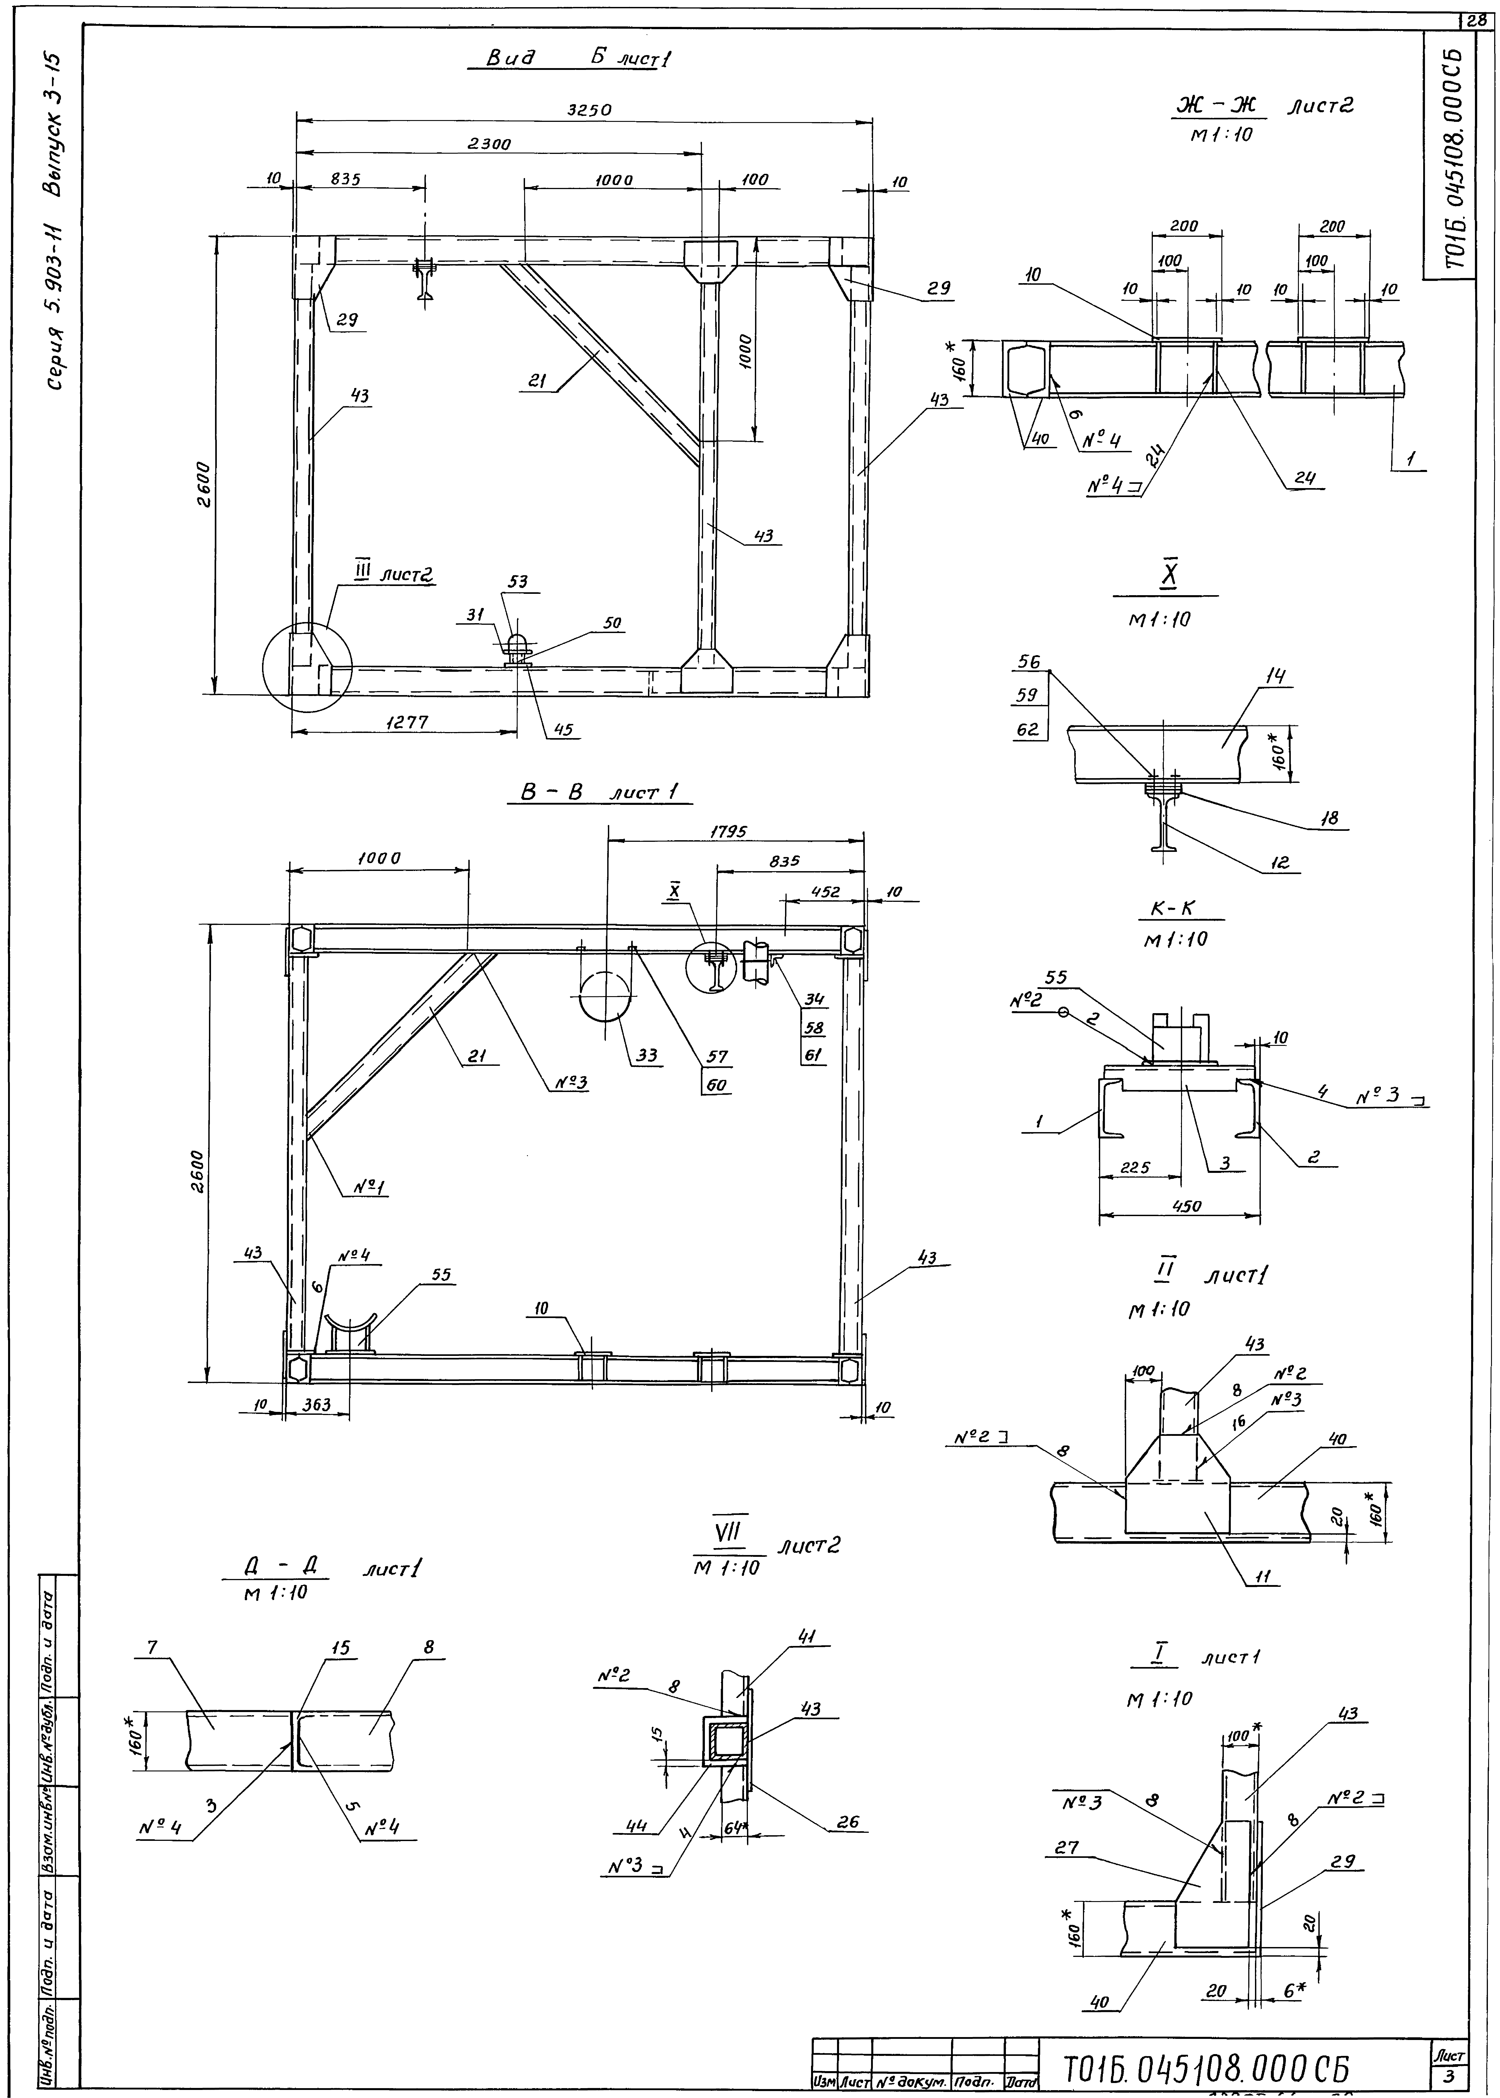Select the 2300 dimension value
point(489,143)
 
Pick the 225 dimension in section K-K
point(1135,1167)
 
